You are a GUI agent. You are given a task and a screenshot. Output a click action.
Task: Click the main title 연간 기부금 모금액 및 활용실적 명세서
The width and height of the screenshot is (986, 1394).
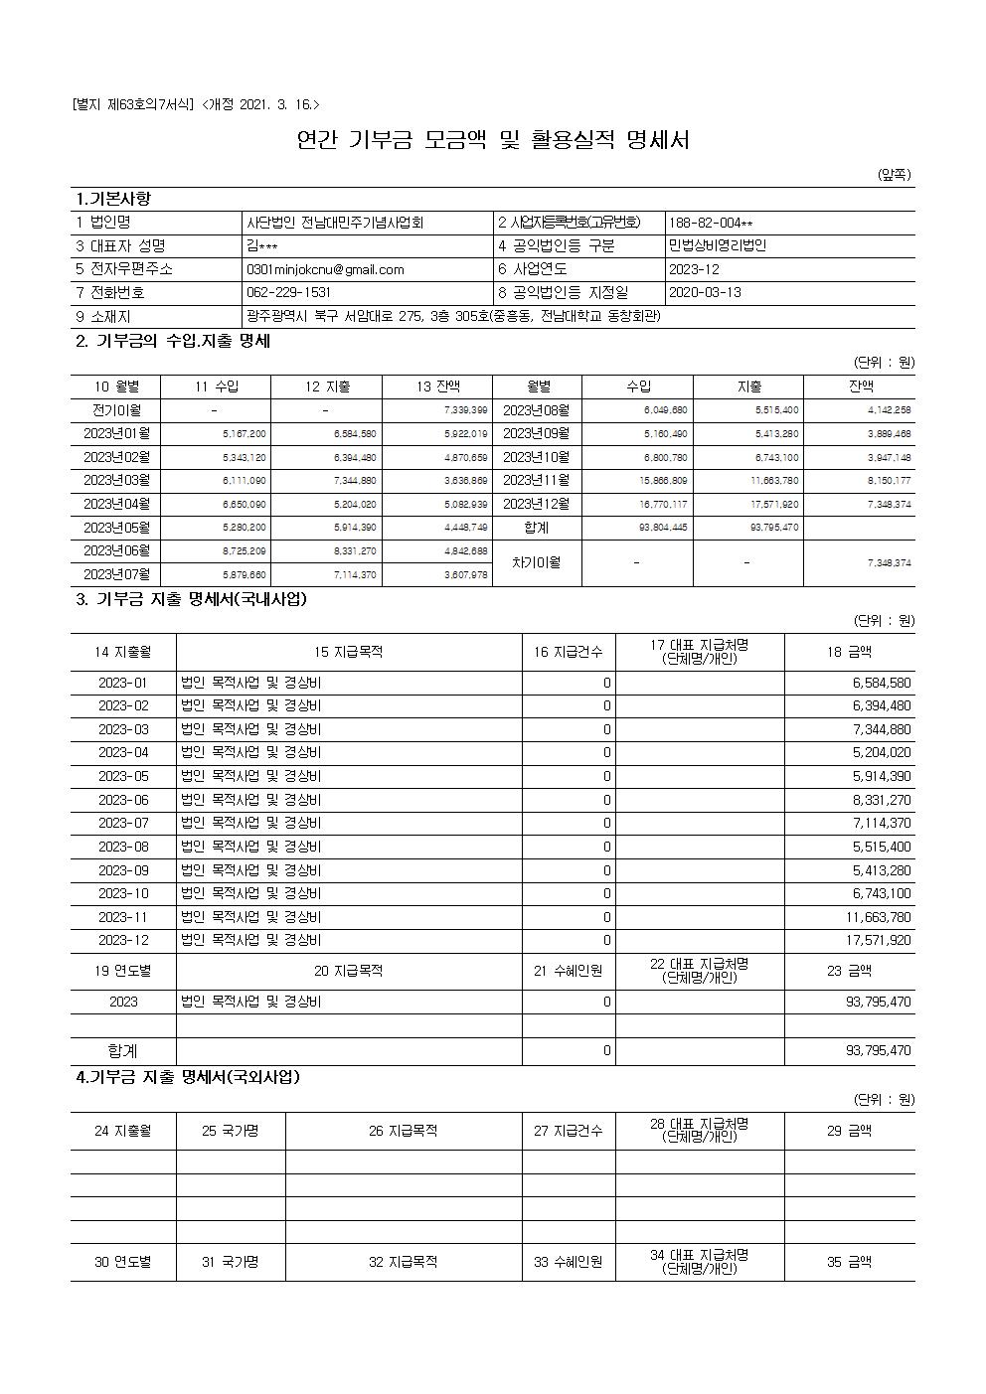click(x=493, y=140)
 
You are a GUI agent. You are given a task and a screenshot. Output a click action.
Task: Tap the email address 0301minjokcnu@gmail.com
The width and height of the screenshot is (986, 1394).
click(x=325, y=269)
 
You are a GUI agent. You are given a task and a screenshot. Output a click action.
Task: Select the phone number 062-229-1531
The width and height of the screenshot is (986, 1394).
click(x=288, y=293)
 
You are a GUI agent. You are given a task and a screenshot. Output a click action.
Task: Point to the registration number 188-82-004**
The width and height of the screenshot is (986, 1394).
click(x=711, y=223)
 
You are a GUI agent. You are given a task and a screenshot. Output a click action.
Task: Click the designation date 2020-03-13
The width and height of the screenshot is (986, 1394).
click(x=706, y=293)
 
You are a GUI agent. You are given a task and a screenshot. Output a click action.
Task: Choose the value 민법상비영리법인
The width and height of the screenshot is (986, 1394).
click(x=718, y=246)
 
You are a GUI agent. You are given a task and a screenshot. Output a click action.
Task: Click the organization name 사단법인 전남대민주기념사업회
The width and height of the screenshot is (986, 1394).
click(x=335, y=223)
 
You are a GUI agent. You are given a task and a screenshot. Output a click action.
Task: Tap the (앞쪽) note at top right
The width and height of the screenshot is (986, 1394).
click(x=894, y=175)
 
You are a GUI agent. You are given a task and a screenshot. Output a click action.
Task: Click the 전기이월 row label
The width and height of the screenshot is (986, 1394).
click(x=116, y=410)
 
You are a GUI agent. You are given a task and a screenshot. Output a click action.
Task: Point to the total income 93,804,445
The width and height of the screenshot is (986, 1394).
click(x=663, y=528)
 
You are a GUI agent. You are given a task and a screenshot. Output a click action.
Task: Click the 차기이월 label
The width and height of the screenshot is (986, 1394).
click(x=537, y=562)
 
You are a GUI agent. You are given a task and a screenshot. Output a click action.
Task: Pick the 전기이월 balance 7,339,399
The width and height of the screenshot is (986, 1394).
click(x=465, y=410)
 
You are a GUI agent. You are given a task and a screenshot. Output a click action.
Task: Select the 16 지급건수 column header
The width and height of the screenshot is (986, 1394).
click(x=568, y=652)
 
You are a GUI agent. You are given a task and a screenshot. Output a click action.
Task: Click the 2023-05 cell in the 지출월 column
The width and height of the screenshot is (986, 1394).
click(x=123, y=776)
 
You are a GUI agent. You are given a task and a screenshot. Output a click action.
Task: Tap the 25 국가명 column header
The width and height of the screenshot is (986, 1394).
click(x=230, y=1131)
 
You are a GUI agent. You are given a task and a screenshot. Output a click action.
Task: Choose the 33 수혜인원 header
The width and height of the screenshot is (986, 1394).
click(x=568, y=1262)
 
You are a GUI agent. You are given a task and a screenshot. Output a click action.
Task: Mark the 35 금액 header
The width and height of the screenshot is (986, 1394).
click(x=849, y=1262)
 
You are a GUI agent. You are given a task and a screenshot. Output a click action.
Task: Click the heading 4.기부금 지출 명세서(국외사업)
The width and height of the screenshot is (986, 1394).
click(x=188, y=1077)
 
